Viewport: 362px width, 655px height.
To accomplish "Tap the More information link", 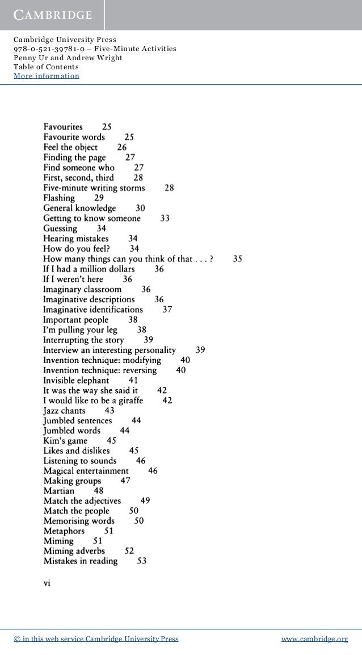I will (x=47, y=76).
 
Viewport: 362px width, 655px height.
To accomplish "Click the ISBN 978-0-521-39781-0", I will (x=50, y=49).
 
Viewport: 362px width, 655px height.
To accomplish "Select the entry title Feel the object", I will (x=70, y=147).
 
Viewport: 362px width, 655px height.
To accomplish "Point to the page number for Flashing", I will (x=99, y=198).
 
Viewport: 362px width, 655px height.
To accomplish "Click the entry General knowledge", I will (x=79, y=208).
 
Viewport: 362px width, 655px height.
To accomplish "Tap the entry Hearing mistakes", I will (x=76, y=239).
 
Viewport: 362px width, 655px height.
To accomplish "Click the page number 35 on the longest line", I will (x=238, y=258).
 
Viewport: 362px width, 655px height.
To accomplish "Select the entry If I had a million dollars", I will (x=89, y=269).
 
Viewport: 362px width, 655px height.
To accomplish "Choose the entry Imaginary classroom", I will (x=82, y=289).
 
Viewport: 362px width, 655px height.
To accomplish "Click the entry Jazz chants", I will (x=64, y=410).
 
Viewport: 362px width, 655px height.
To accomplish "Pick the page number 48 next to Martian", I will (x=99, y=491).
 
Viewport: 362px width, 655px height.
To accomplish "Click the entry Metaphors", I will (x=64, y=531).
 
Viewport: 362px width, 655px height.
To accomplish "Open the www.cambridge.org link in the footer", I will (x=315, y=640).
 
